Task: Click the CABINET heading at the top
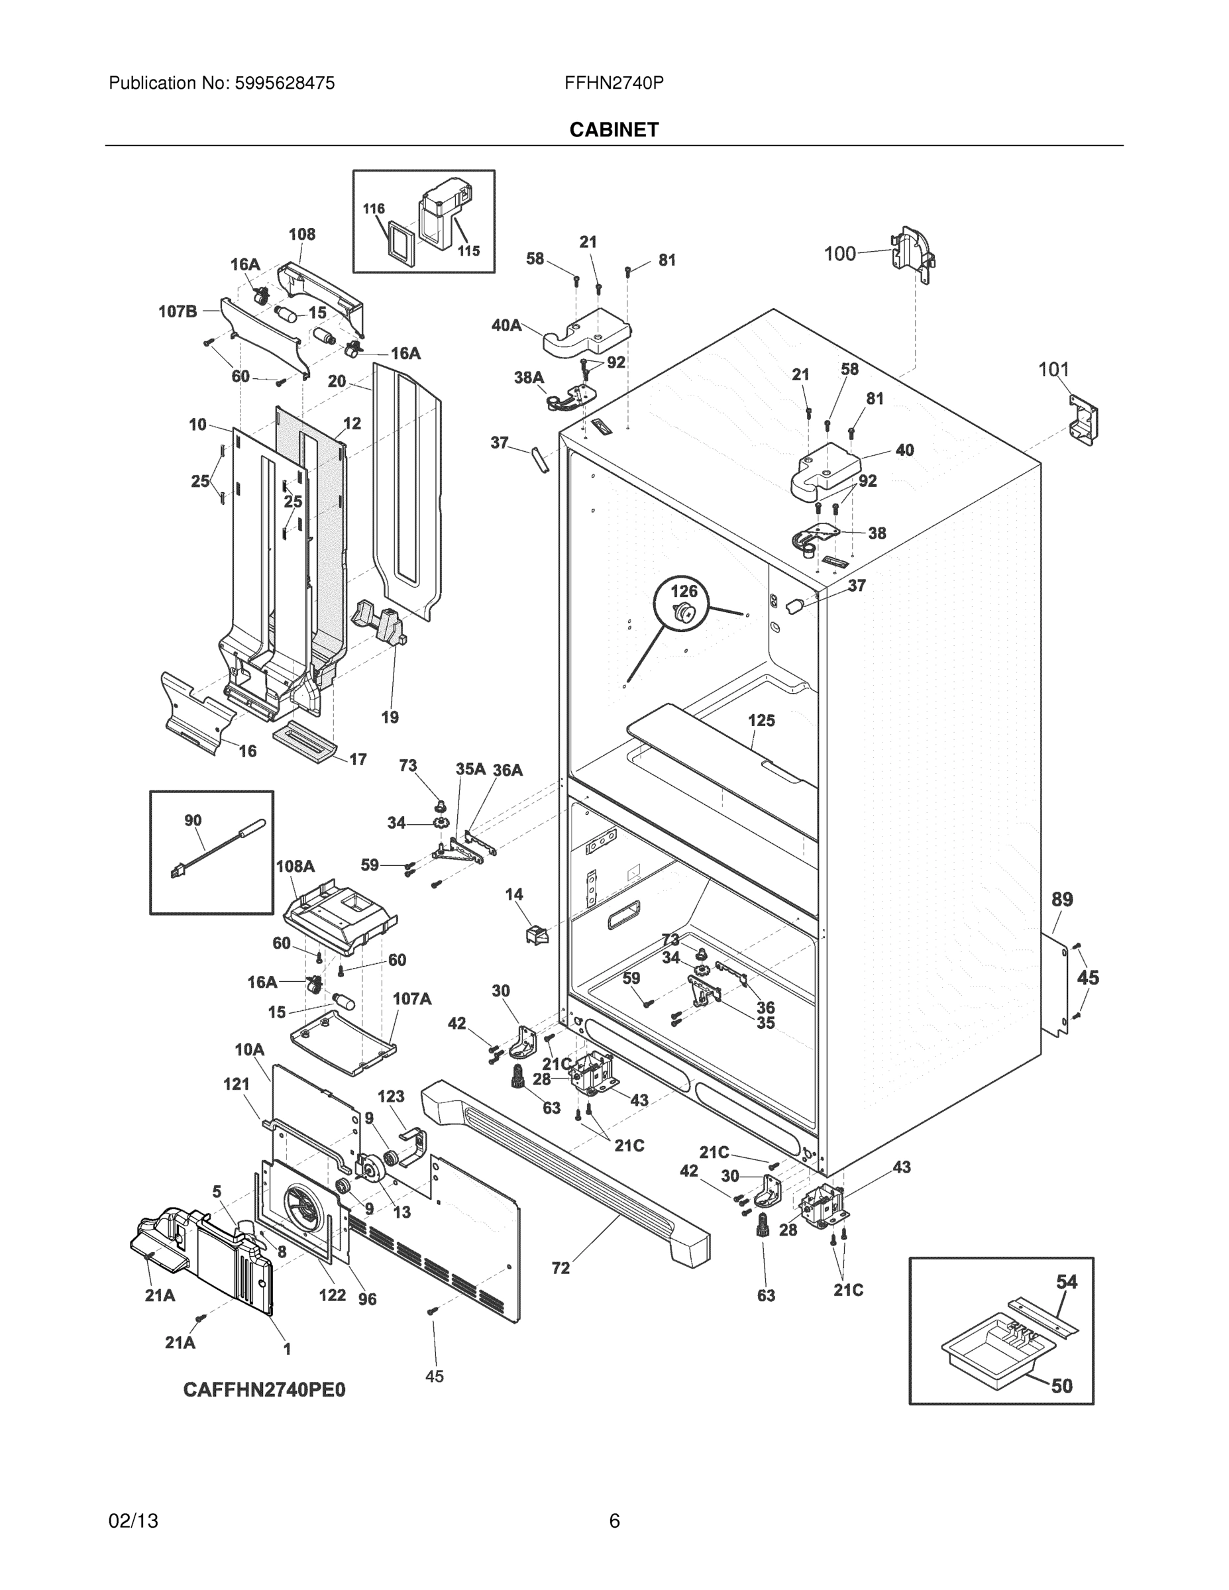click(x=614, y=130)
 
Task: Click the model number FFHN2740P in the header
click(x=613, y=83)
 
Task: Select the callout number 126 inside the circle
click(x=684, y=591)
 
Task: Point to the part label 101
click(x=1053, y=370)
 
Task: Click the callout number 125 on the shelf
click(x=761, y=720)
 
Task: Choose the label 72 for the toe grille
click(x=561, y=1268)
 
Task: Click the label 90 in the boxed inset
click(x=192, y=820)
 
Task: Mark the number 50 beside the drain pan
click(x=1062, y=1386)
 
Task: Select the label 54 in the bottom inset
click(x=1067, y=1282)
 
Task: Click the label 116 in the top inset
click(x=374, y=209)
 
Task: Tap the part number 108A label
click(x=295, y=867)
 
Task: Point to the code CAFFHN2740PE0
click(x=264, y=1390)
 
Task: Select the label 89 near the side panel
click(x=1062, y=899)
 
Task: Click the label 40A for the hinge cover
click(x=506, y=325)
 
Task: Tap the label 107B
click(x=178, y=311)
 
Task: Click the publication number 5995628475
click(x=285, y=83)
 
